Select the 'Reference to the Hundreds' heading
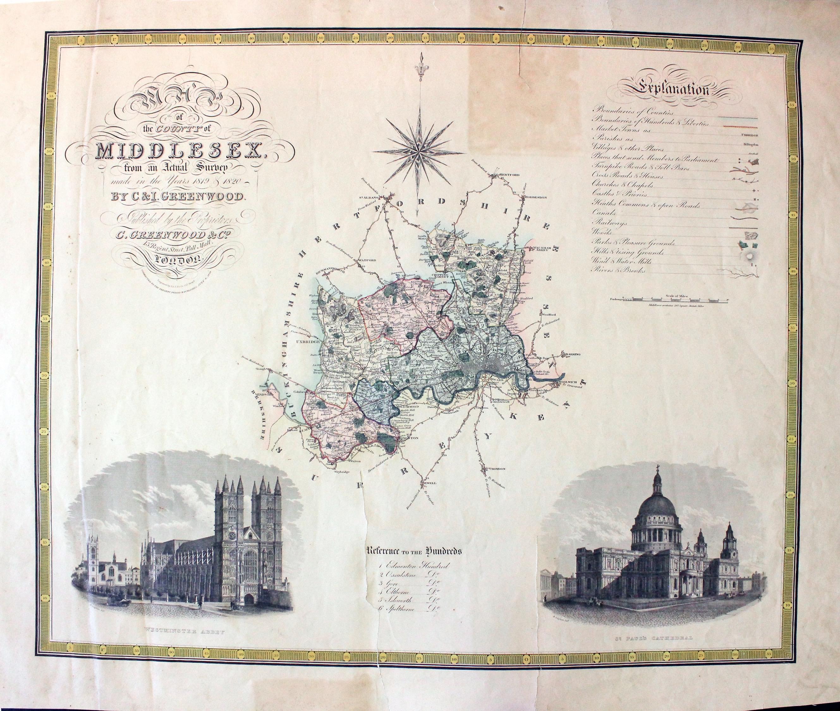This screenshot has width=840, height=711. (x=414, y=551)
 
